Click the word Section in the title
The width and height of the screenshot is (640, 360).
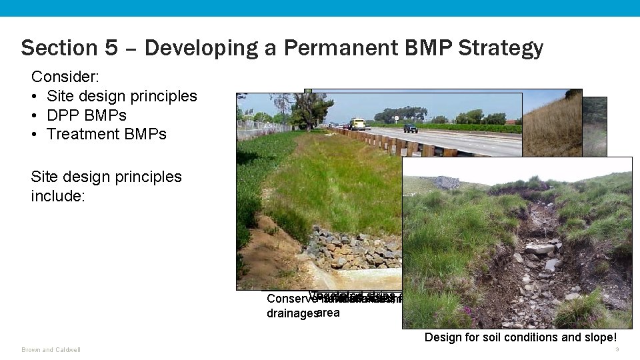coord(51,48)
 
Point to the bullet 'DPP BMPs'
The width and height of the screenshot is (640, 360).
coord(87,115)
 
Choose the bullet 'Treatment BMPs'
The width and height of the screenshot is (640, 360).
coord(107,134)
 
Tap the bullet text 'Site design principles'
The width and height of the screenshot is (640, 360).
coord(122,96)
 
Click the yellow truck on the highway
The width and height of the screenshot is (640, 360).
coord(359,124)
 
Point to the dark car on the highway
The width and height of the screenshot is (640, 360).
coord(411,128)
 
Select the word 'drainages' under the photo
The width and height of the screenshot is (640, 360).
coord(291,313)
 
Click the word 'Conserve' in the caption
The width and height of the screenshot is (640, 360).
coord(289,299)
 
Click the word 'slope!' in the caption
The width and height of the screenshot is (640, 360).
coord(599,337)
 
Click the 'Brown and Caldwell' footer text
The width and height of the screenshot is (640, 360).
coord(51,350)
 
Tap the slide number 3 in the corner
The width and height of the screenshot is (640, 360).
coord(617,350)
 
